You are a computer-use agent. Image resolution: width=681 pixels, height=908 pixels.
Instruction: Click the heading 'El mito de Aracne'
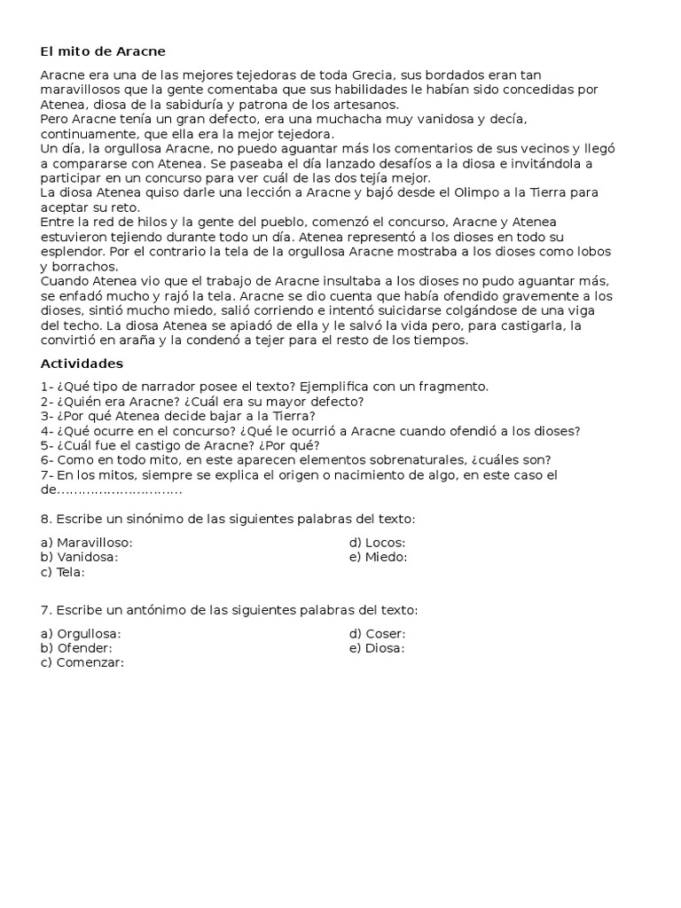click(x=103, y=51)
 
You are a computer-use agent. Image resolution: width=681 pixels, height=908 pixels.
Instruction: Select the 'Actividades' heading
click(x=82, y=364)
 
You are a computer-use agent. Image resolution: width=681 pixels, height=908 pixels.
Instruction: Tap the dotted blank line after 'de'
click(x=120, y=490)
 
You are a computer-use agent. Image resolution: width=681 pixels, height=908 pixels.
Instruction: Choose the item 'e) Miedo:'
click(x=378, y=557)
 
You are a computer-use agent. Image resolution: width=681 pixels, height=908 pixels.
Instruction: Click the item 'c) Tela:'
click(x=63, y=572)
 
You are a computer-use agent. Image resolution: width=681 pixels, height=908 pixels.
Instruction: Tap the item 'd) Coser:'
click(x=377, y=634)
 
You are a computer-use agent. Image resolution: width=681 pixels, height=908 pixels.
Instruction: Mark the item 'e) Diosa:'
click(x=377, y=648)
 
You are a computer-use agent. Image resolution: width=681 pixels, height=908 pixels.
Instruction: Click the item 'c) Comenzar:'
click(x=82, y=663)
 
